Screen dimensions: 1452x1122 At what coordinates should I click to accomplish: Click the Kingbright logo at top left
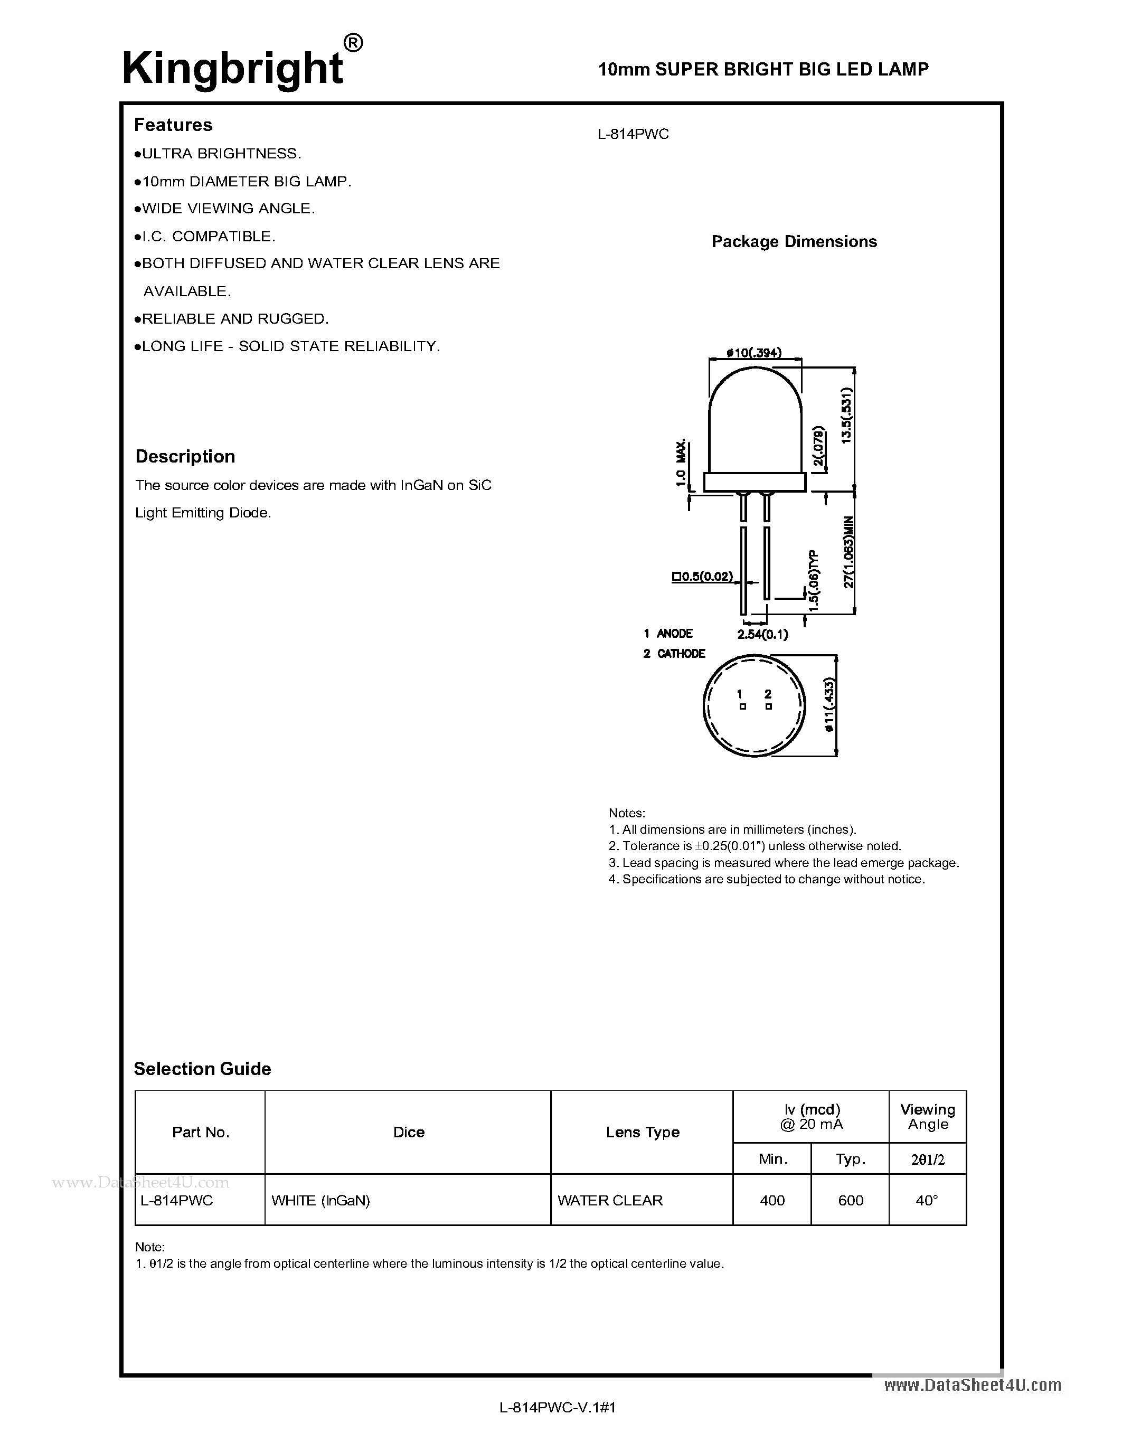[x=233, y=69]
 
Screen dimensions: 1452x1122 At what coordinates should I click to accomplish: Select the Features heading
[x=173, y=125]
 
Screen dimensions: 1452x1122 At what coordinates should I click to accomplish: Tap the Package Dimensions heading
[x=794, y=241]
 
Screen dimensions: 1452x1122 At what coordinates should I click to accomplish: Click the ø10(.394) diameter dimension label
[x=754, y=353]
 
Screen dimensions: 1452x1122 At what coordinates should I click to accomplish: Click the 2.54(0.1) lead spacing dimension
[x=762, y=634]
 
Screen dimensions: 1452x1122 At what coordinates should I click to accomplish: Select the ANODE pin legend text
[x=674, y=634]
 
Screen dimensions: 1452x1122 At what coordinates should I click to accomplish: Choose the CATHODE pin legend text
[x=681, y=654]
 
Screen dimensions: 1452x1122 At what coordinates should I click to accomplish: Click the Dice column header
[x=408, y=1132]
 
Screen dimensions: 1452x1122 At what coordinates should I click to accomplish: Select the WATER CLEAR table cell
[x=609, y=1200]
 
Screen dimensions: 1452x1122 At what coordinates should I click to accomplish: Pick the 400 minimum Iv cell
[x=772, y=1200]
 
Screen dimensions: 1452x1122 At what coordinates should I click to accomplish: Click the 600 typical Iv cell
[x=850, y=1200]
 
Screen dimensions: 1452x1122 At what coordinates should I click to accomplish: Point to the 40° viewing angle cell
[x=927, y=1200]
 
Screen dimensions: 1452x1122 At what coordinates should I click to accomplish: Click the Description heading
[x=185, y=456]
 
